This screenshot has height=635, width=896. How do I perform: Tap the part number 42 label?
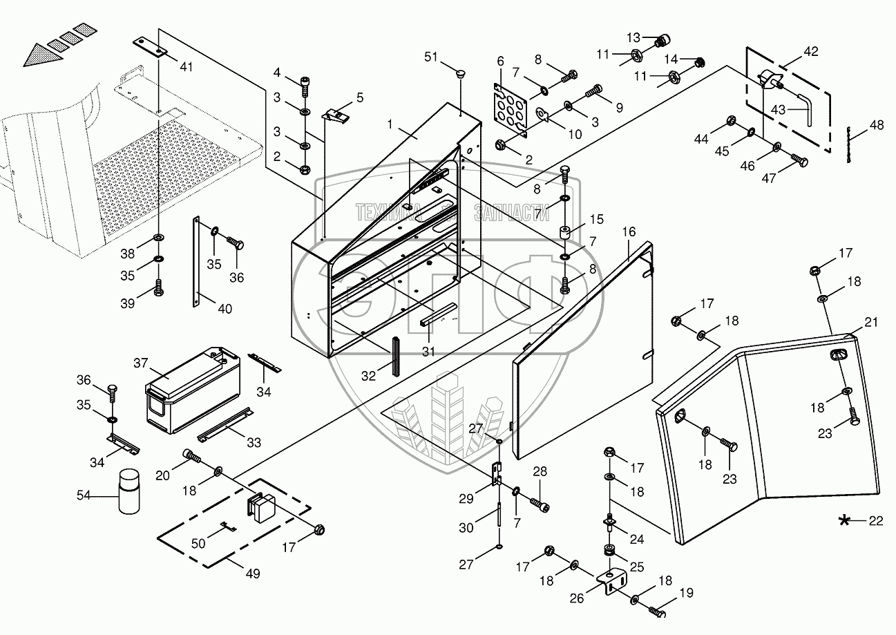pos(810,51)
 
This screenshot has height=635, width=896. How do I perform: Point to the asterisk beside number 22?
pos(844,521)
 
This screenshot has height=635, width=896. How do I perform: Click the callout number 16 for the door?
pos(629,231)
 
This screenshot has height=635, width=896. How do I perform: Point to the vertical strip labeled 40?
pos(197,259)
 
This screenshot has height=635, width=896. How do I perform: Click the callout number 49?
pos(253,574)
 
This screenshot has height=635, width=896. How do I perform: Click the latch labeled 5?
pos(336,115)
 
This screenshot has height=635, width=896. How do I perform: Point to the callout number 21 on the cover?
pos(871,323)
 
